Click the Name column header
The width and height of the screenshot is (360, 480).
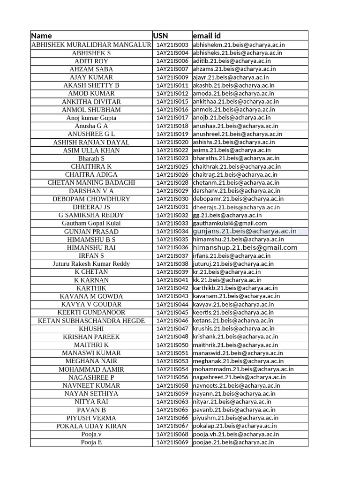pyautogui.click(x=42, y=36)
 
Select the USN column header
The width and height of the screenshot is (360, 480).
pyautogui.click(x=160, y=36)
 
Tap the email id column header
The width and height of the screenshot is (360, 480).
pyautogui.click(x=206, y=36)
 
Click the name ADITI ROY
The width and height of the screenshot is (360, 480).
pyautogui.click(x=91, y=61)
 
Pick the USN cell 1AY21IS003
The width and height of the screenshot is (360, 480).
pyautogui.click(x=172, y=45)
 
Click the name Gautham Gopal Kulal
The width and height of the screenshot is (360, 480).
pyautogui.click(x=91, y=223)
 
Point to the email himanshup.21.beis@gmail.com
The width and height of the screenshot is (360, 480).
pyautogui.click(x=245, y=247)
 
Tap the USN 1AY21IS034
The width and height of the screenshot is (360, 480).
pyautogui.click(x=172, y=231)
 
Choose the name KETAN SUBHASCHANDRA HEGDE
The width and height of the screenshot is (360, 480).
pyautogui.click(x=91, y=321)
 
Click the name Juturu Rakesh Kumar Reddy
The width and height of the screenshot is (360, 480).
pyautogui.click(x=91, y=263)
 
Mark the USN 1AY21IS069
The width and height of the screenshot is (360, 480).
pyautogui.click(x=172, y=442)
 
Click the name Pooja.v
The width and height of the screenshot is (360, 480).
pyautogui.click(x=91, y=434)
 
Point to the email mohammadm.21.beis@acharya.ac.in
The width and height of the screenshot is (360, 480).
pyautogui.click(x=243, y=369)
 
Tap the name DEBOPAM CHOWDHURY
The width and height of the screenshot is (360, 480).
pyautogui.click(x=91, y=199)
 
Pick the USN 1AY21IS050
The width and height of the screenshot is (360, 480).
pyautogui.click(x=172, y=345)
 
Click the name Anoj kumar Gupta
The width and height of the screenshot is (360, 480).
pyautogui.click(x=91, y=118)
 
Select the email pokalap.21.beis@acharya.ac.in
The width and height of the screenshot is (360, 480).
pyautogui.click(x=235, y=426)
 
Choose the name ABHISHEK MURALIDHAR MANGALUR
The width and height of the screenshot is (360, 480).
pyautogui.click(x=91, y=45)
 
